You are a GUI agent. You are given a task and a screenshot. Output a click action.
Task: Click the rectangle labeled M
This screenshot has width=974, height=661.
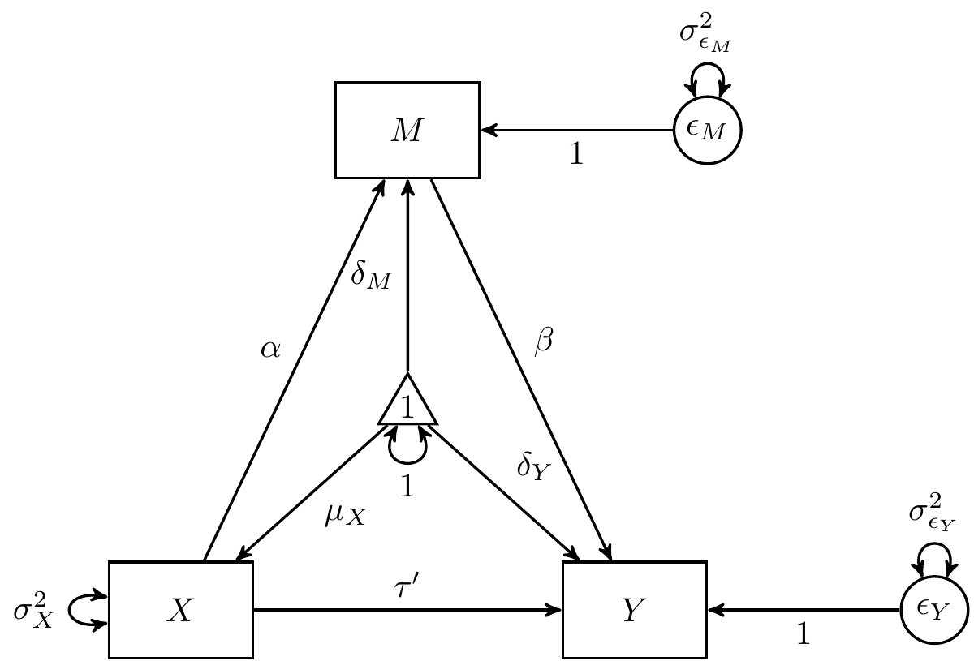(x=407, y=130)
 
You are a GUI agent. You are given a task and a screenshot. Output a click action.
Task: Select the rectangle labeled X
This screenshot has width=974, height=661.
(x=180, y=609)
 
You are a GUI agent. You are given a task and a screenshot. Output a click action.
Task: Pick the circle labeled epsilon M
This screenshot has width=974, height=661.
(x=707, y=130)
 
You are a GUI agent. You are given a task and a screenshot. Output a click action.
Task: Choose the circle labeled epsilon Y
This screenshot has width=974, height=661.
(x=934, y=609)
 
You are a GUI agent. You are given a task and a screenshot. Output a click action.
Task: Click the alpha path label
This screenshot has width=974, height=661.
(x=270, y=349)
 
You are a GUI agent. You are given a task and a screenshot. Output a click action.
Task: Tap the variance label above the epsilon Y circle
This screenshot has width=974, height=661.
(x=933, y=513)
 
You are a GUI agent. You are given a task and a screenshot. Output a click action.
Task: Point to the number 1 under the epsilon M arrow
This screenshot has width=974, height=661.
(x=576, y=154)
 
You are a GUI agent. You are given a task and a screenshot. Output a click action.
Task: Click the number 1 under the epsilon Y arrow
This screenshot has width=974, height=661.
(x=803, y=634)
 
